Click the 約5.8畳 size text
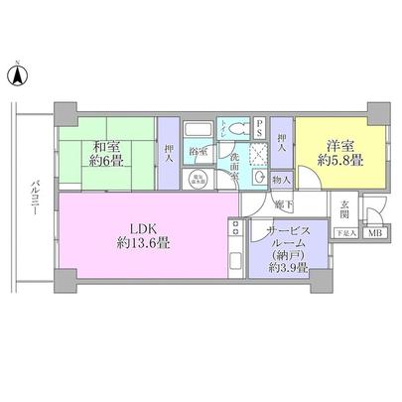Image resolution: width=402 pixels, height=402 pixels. point(332,163)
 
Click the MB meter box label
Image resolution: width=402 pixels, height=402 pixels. point(374,233)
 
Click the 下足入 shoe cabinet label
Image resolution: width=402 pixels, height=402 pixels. point(343,233)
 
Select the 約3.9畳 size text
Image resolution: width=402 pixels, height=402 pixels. point(288,269)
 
